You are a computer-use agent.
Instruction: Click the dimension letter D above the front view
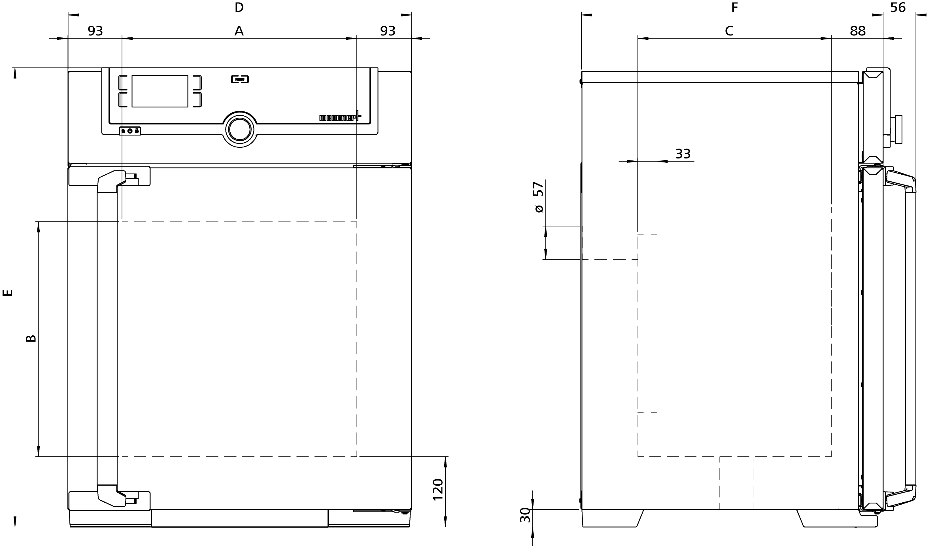(239, 7)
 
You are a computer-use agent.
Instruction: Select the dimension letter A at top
(239, 31)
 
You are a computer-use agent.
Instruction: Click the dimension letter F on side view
(734, 7)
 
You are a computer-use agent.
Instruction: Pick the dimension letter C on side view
(729, 31)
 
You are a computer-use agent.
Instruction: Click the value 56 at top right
(898, 7)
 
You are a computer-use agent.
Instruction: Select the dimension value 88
(857, 31)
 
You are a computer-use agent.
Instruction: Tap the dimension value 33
(683, 154)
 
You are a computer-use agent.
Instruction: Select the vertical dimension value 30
(525, 516)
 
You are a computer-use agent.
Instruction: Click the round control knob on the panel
(240, 129)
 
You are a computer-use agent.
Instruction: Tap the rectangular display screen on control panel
(160, 91)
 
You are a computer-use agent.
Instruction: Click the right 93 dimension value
(388, 31)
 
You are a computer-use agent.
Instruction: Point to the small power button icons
(130, 131)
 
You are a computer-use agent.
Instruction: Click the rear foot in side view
(612, 518)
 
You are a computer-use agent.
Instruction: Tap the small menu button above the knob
(240, 79)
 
